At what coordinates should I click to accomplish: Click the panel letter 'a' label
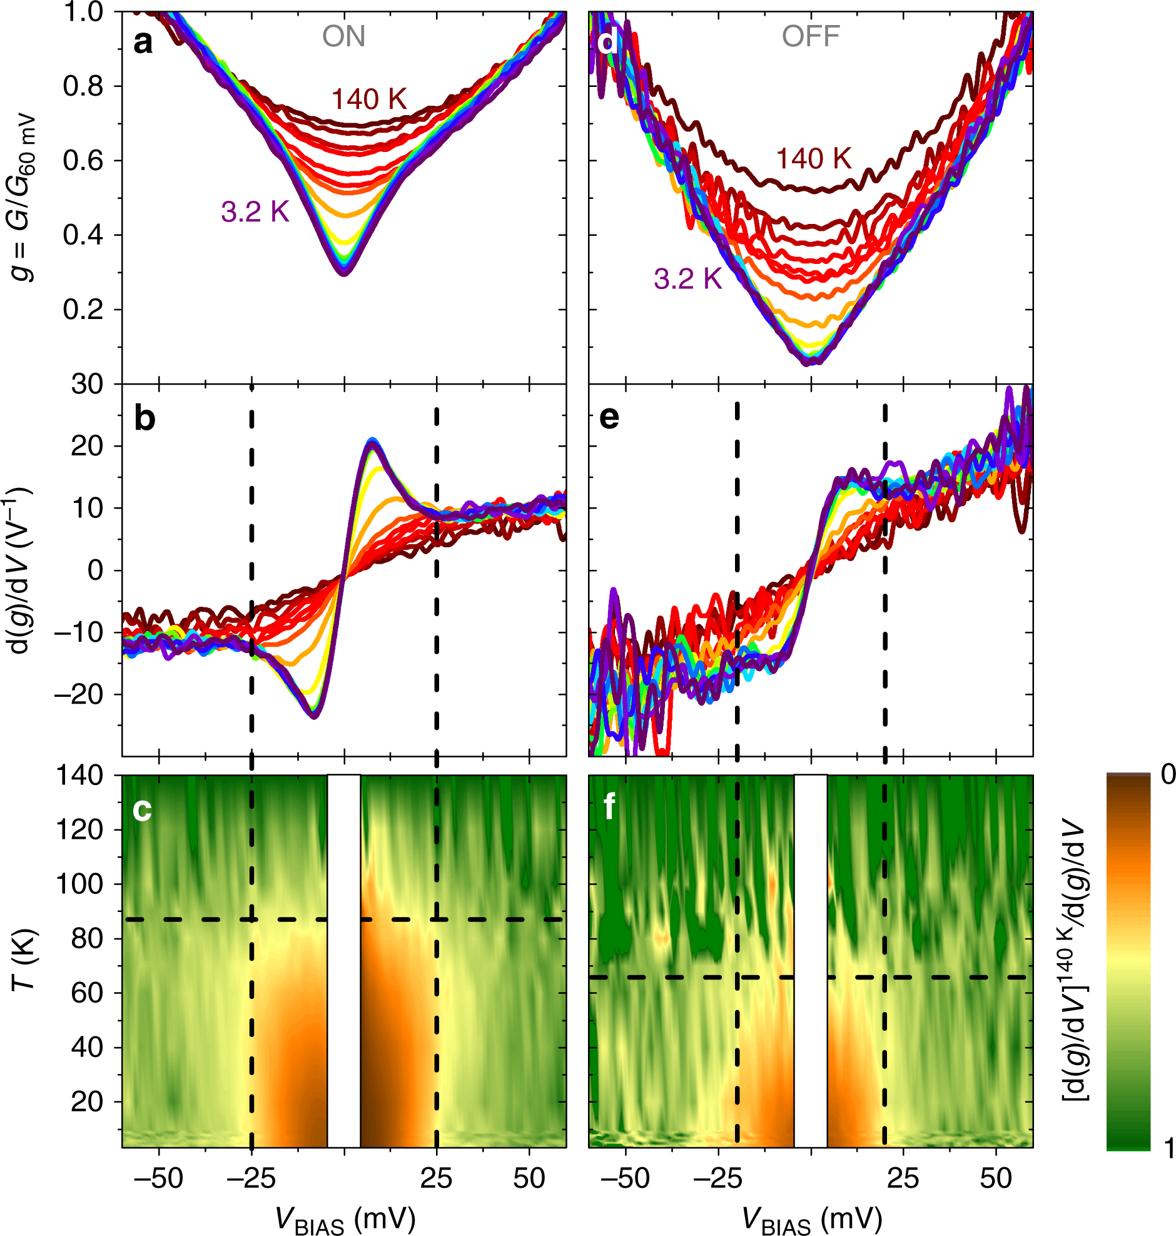pos(143,44)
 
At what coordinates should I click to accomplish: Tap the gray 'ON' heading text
pos(343,36)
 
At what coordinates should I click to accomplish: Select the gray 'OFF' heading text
pos(810,36)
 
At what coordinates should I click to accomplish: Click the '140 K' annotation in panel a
pos(369,99)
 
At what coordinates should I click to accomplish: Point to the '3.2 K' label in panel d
pos(687,278)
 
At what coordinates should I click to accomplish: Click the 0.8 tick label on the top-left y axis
pos(83,86)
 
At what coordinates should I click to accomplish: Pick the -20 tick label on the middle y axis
pos(78,694)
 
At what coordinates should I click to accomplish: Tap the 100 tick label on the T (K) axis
pos(80,884)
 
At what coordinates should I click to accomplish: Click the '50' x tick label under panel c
pos(529,1179)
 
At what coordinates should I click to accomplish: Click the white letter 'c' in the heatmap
pos(141,810)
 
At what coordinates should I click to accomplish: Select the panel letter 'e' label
pos(609,417)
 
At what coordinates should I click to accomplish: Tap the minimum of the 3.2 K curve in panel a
pos(344,273)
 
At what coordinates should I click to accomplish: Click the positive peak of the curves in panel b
pos(372,441)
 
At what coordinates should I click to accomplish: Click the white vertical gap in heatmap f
pos(811,959)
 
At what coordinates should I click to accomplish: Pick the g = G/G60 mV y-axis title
pos(25,198)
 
